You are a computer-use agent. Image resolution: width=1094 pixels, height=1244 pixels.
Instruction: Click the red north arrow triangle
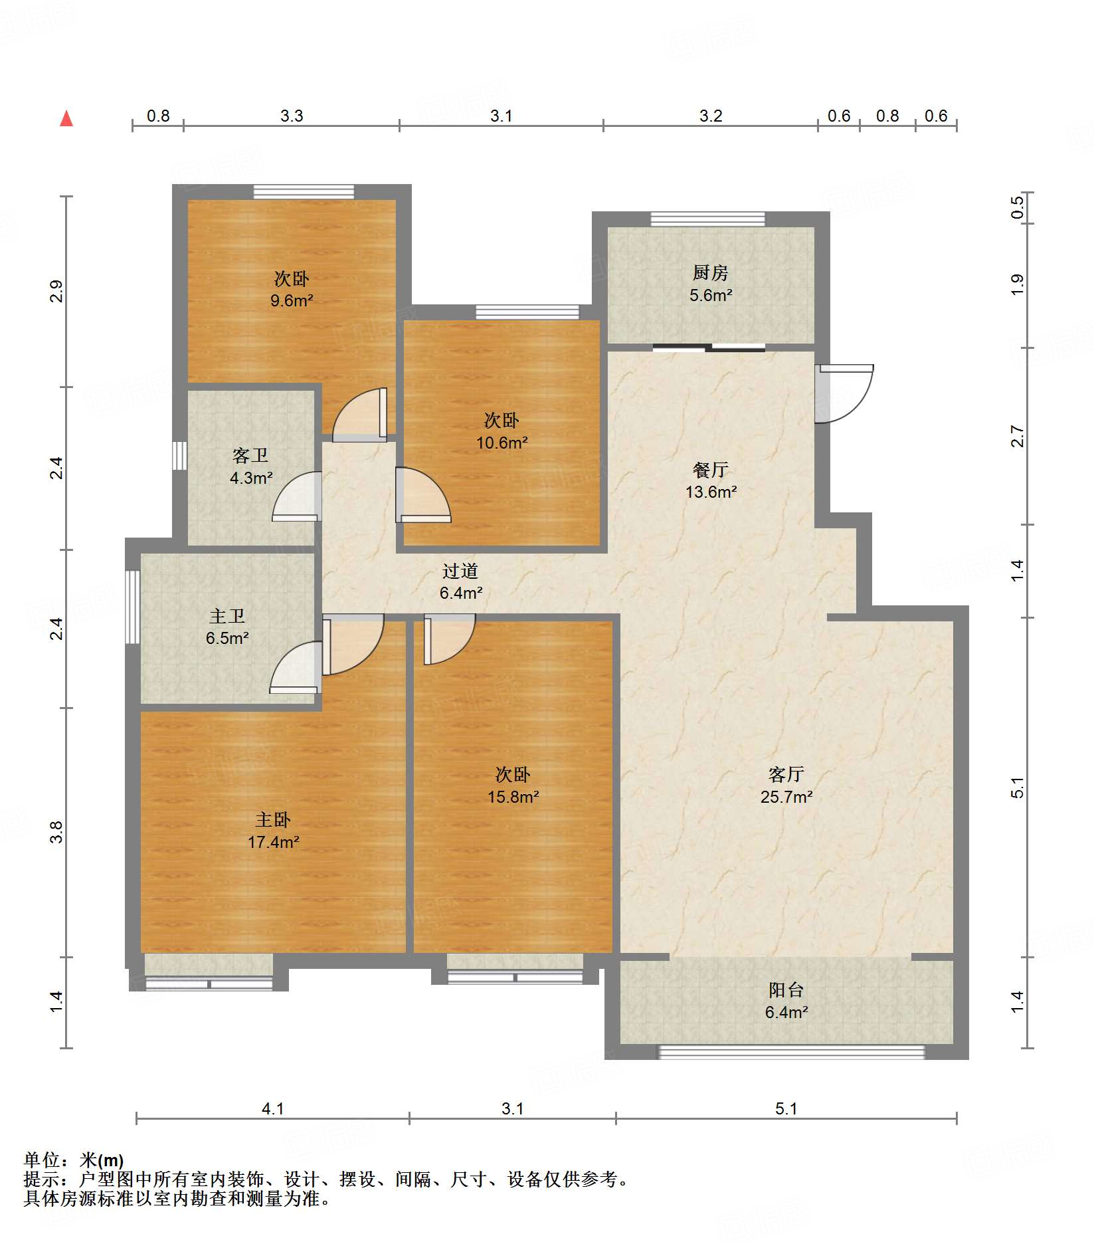pos(66,119)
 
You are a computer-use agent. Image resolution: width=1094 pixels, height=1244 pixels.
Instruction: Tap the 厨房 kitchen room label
pos(710,272)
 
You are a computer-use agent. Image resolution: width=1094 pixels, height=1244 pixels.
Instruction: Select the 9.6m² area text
pos(292,301)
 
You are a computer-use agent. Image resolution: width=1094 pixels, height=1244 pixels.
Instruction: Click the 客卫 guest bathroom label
pos(250,456)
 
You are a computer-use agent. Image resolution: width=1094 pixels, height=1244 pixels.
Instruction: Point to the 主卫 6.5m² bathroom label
pos(227,627)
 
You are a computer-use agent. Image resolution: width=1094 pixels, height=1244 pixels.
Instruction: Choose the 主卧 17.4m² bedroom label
pos(273,831)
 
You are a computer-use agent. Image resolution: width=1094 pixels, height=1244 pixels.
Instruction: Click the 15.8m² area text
pos(513,797)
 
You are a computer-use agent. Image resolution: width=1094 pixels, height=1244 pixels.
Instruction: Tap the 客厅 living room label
pos(786,774)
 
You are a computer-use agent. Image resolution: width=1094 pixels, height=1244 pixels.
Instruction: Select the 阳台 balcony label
pos(786,990)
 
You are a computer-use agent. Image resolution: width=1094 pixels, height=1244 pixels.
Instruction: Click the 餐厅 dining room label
pos(710,470)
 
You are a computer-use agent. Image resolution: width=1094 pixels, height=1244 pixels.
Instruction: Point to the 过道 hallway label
pos(460,571)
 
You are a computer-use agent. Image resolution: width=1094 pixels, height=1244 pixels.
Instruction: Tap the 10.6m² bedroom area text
pos(501,443)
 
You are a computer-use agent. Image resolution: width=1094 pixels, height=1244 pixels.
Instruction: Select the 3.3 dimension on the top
pos(291,116)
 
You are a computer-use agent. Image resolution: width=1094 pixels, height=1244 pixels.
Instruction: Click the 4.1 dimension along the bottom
pos(272,1108)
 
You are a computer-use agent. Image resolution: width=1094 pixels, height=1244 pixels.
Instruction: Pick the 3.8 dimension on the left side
pos(57,832)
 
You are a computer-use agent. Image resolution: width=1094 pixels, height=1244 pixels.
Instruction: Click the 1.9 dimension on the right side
pos(1017,285)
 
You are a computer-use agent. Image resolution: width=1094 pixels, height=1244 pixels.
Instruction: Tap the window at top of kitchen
pos(707,219)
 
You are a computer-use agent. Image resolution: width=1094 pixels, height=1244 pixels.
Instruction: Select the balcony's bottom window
pos(790,1052)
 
